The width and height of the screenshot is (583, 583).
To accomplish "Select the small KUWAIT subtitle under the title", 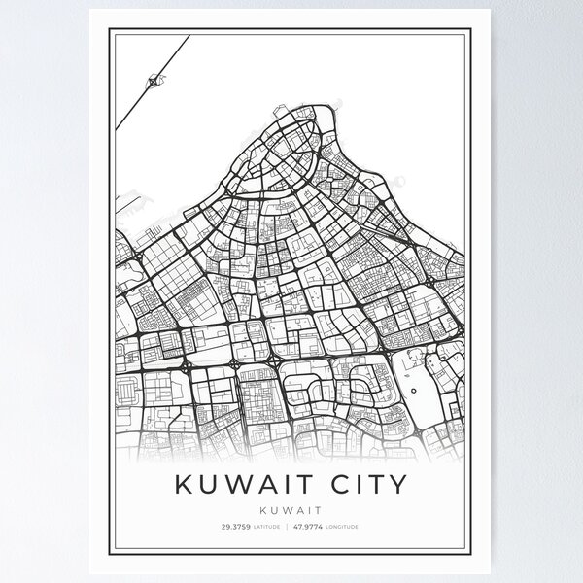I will pyautogui.click(x=291, y=507).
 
